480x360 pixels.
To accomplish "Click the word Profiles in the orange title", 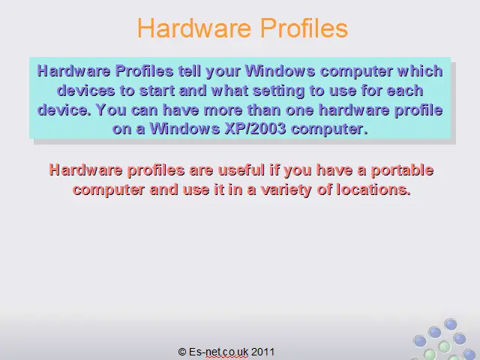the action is point(304,28).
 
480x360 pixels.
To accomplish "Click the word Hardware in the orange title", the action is point(194,28).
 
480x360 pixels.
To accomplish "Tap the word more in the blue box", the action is point(223,110).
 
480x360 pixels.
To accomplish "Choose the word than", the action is point(264,110).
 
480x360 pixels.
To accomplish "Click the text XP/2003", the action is point(255,129).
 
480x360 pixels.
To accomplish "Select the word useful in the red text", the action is point(241,170).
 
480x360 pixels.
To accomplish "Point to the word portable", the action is point(402,170).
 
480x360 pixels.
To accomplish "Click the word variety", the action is point(286,190).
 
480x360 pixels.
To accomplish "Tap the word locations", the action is point(373,190).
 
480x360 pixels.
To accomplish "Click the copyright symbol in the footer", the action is point(182,352).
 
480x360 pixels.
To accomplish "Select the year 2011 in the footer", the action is point(262,352).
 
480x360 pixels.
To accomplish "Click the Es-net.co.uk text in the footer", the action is point(218,352).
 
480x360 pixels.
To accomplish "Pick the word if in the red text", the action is point(274,170).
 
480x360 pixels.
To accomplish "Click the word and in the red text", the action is point(163,190).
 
